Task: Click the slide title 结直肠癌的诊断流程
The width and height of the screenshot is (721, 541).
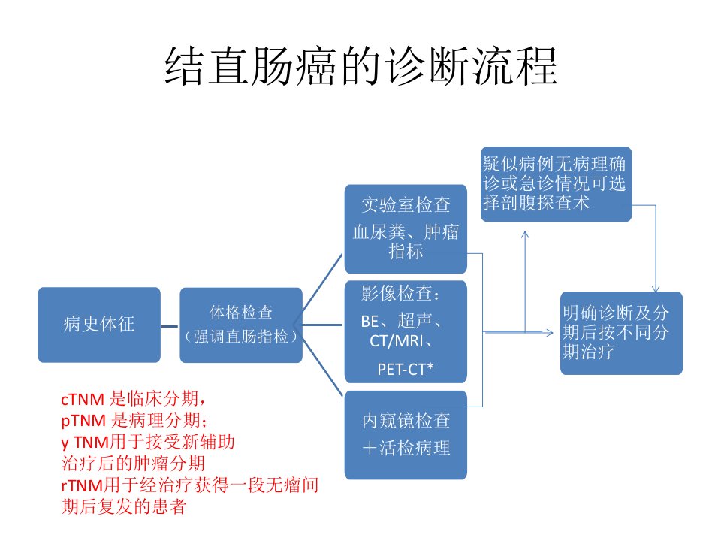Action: click(361, 66)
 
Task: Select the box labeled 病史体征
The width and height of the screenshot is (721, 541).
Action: click(99, 325)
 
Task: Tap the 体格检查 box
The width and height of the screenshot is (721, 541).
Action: click(241, 325)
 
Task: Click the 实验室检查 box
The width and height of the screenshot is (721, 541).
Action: click(406, 228)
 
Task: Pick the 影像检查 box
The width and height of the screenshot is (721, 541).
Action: click(406, 331)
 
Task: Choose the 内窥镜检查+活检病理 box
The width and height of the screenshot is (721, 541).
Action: click(406, 435)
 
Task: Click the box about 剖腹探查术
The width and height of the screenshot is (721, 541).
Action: click(556, 184)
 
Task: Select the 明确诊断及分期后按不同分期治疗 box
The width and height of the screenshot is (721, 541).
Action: click(621, 333)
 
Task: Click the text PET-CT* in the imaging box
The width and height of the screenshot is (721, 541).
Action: click(405, 369)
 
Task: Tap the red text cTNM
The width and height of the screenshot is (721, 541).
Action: click(83, 399)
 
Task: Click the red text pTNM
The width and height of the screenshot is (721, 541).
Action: click(83, 421)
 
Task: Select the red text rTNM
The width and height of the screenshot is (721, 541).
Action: click(81, 485)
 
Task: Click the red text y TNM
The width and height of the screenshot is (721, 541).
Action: click(85, 443)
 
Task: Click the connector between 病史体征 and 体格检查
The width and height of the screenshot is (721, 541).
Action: click(170, 327)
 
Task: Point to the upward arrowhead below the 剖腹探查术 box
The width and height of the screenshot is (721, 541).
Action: click(525, 234)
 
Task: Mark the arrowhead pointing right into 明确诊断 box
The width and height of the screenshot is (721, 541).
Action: click(549, 332)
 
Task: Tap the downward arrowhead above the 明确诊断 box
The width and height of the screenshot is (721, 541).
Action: click(655, 289)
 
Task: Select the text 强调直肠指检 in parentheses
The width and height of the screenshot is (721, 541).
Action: click(241, 337)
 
